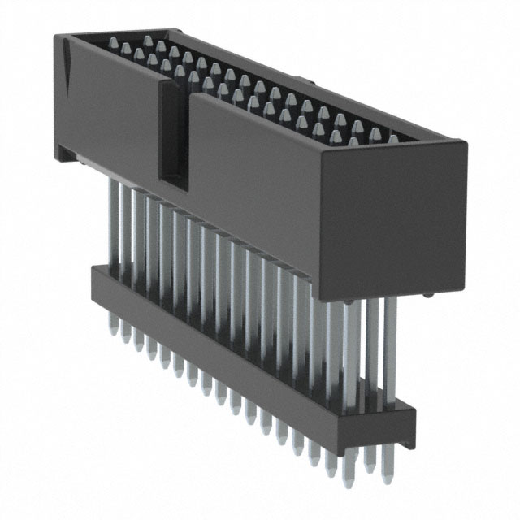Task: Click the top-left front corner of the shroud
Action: pos(55,39)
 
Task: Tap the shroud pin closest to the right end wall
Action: pos(394,139)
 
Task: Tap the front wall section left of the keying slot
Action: pos(106,114)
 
